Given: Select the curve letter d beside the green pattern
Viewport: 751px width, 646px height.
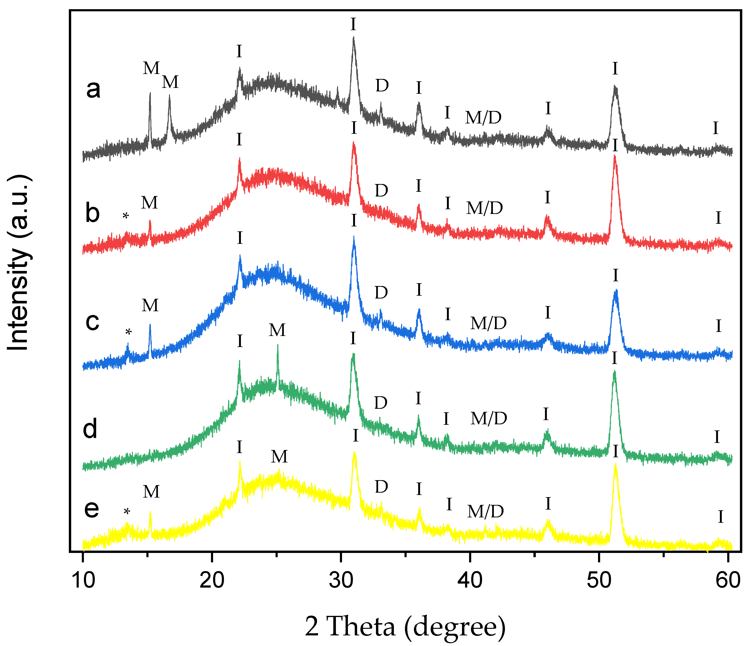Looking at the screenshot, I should pos(90,429).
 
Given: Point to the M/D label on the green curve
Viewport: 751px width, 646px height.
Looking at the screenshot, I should pos(489,418).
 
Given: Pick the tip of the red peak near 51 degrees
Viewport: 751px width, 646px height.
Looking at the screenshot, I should pos(614,155).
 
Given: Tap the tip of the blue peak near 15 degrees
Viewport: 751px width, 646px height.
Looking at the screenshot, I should pos(150,325).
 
